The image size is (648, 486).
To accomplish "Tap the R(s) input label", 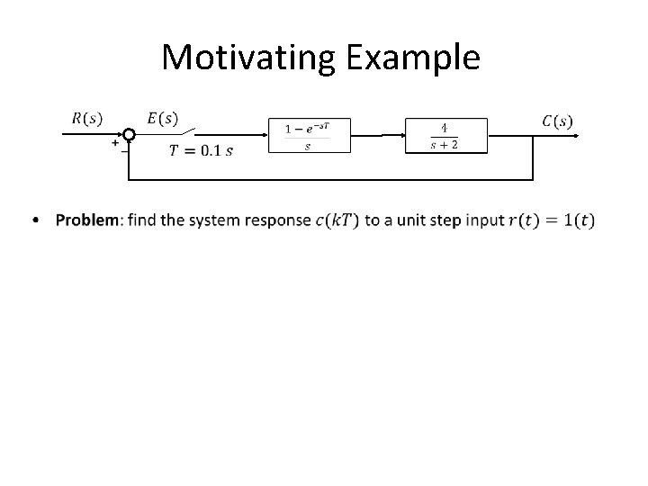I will point(85,118).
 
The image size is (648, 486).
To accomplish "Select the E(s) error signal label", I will point(163,118).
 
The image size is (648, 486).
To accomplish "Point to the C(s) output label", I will point(557,120).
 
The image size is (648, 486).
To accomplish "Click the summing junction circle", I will point(129,135).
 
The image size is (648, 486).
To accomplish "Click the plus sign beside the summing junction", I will point(115,142).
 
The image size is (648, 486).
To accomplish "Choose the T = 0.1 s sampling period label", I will point(200,149).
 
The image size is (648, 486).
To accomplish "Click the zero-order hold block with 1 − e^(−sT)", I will point(309,135).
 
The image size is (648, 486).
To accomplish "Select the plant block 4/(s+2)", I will point(445,135).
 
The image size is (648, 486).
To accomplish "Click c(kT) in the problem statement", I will point(336,220).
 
